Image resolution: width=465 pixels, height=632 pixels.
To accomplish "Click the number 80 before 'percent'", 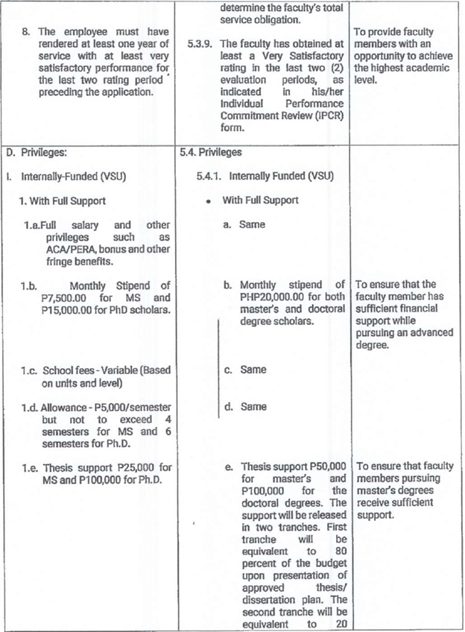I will point(338,552).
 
